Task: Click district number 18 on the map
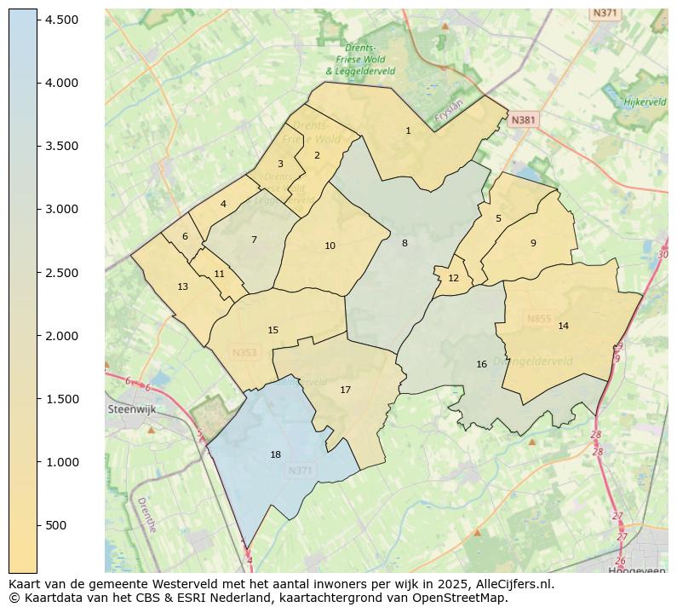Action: (x=275, y=454)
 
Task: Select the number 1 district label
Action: (x=408, y=130)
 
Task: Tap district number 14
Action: (x=563, y=326)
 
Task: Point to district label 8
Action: (x=404, y=243)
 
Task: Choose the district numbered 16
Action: (x=481, y=364)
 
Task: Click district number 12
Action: (x=453, y=278)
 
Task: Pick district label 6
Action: (x=185, y=236)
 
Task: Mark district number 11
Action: (x=219, y=274)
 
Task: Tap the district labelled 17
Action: (x=345, y=390)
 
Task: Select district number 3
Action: (x=280, y=164)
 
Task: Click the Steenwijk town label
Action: (x=133, y=409)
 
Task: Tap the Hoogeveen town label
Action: (x=636, y=570)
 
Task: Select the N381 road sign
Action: (x=523, y=120)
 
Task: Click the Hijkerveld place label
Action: (x=645, y=101)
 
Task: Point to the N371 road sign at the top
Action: (x=605, y=13)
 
